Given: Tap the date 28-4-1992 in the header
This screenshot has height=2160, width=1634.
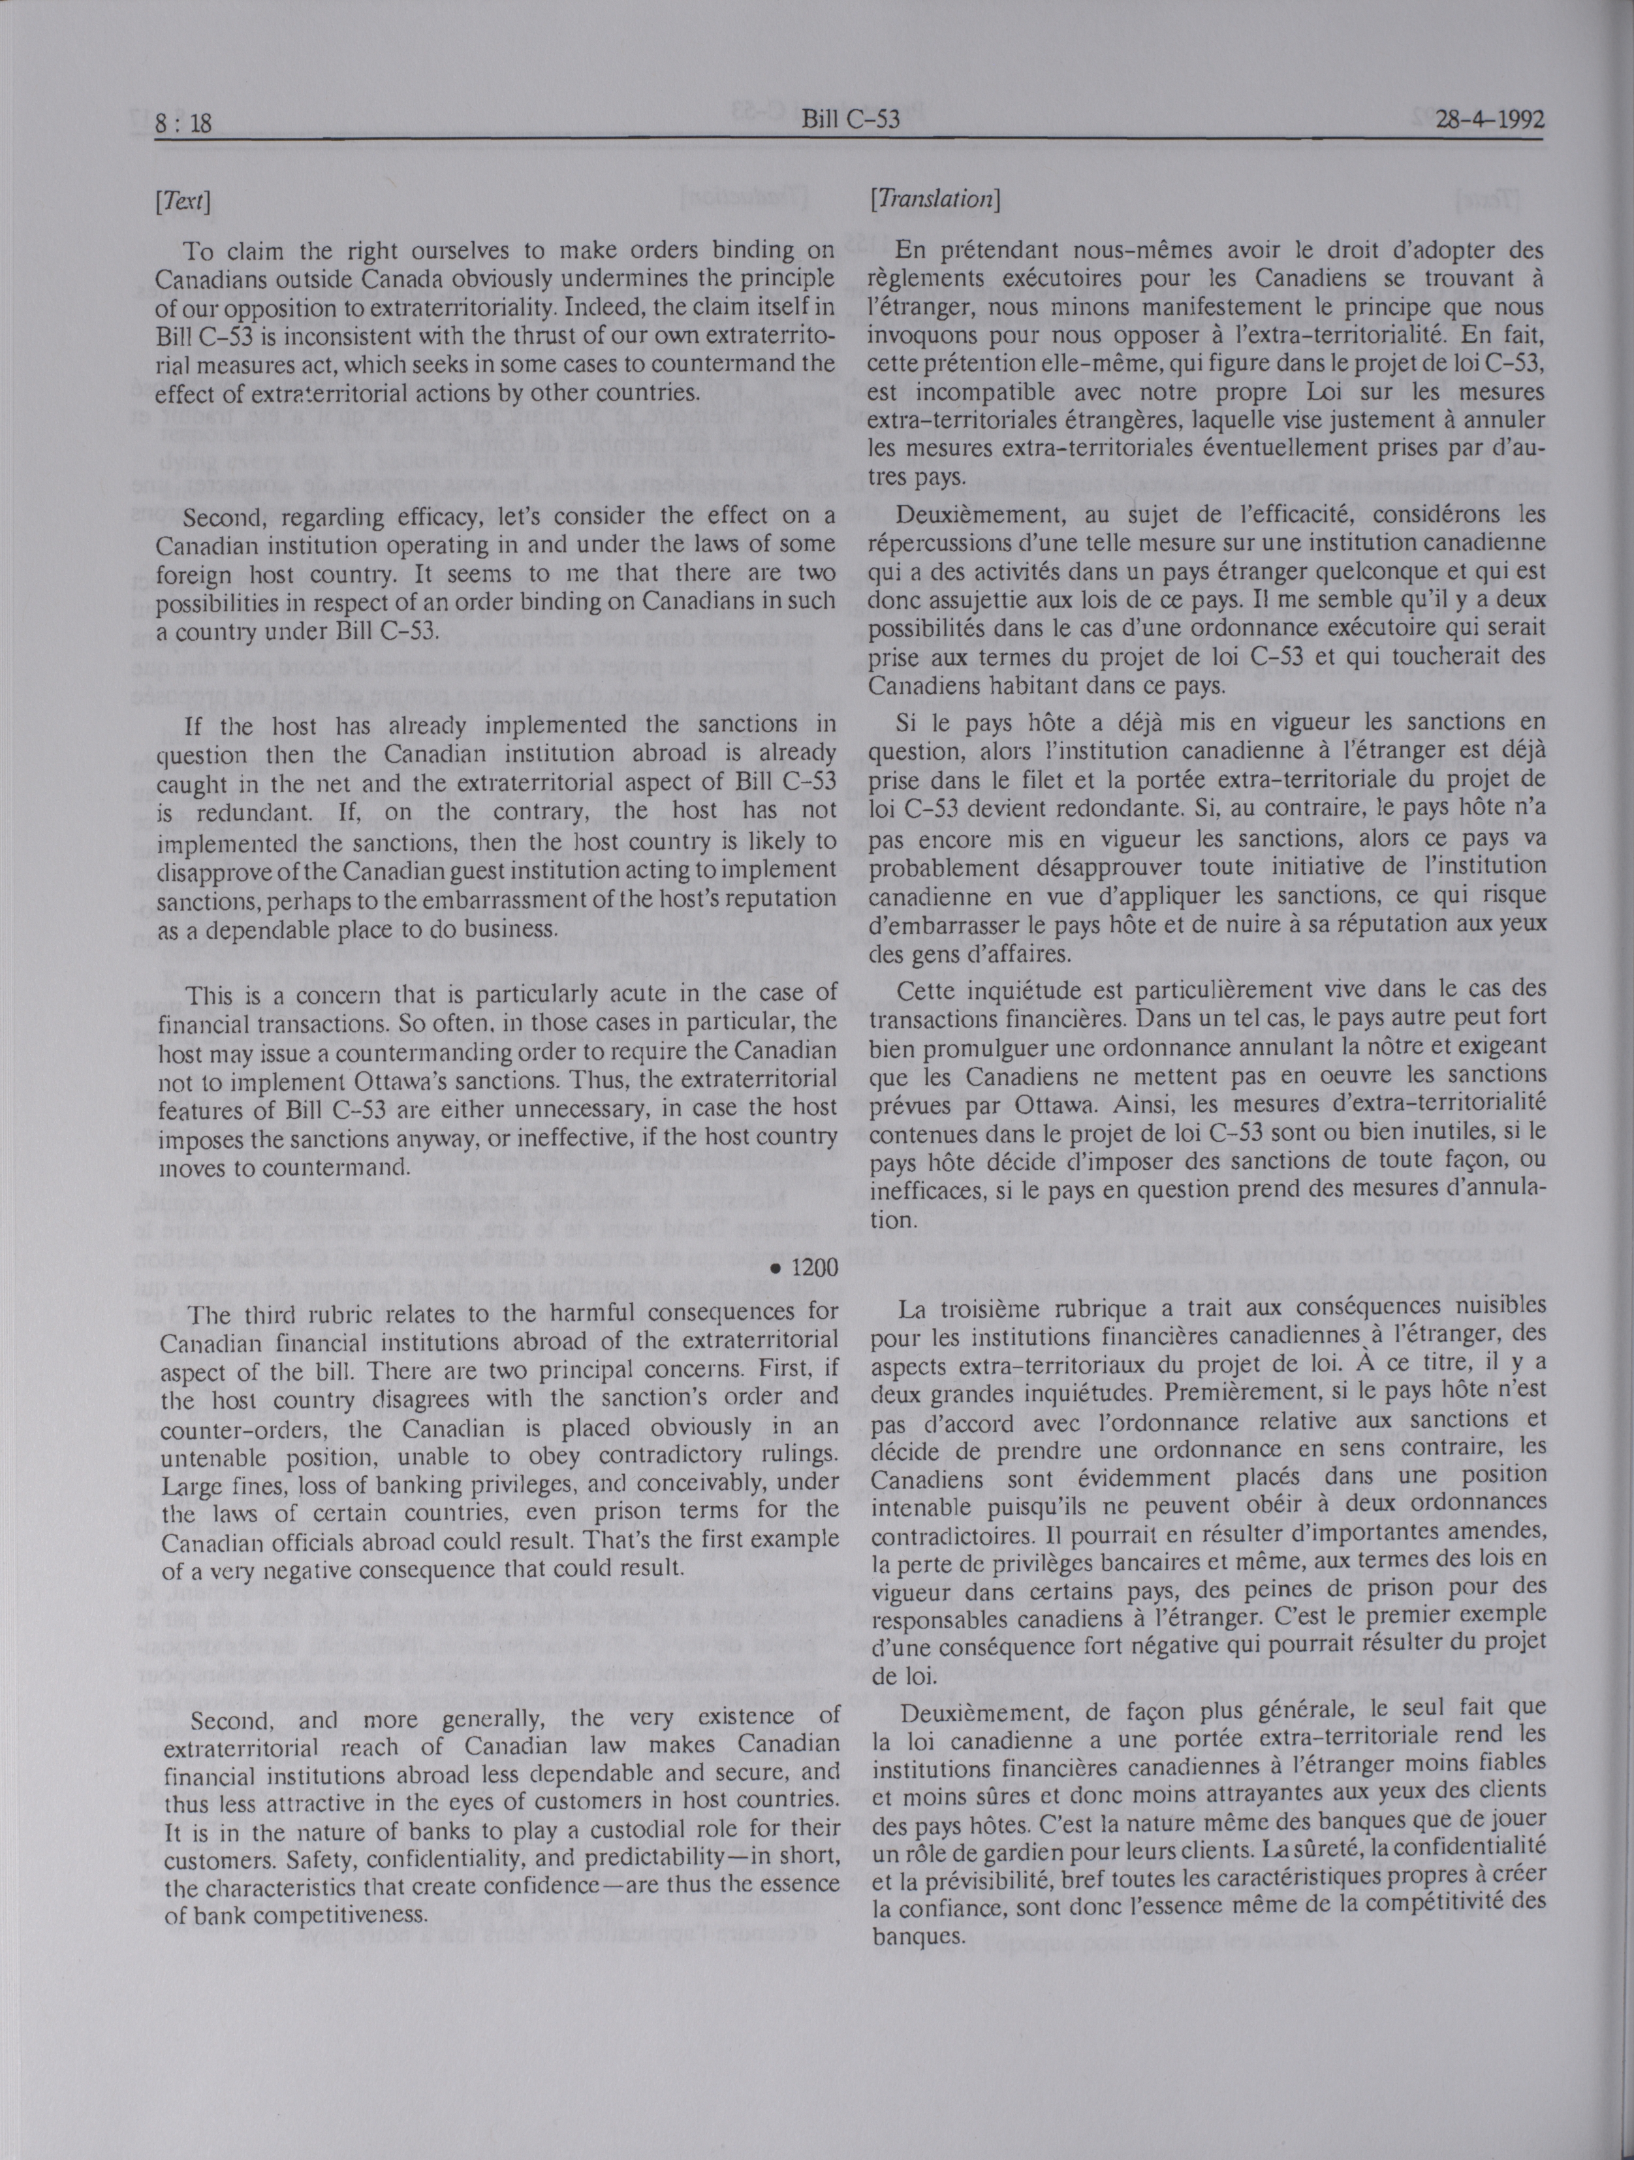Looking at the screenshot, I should [1477, 120].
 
